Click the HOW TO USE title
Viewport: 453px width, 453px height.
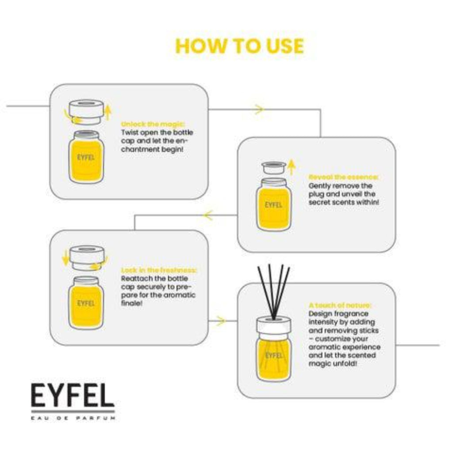pos(239,46)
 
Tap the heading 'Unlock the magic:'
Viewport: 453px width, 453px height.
pos(153,124)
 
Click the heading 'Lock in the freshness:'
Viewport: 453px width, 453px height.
pos(159,270)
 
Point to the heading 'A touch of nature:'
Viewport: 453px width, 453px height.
pos(340,306)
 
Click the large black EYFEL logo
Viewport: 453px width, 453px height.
pos(73,395)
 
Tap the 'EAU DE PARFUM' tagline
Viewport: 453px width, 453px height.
pos(73,418)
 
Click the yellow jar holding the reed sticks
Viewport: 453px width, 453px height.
pos(274,356)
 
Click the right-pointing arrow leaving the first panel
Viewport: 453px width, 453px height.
pos(259,109)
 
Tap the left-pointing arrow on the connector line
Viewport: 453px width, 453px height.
pos(208,215)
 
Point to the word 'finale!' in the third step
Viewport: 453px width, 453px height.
pos(132,303)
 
